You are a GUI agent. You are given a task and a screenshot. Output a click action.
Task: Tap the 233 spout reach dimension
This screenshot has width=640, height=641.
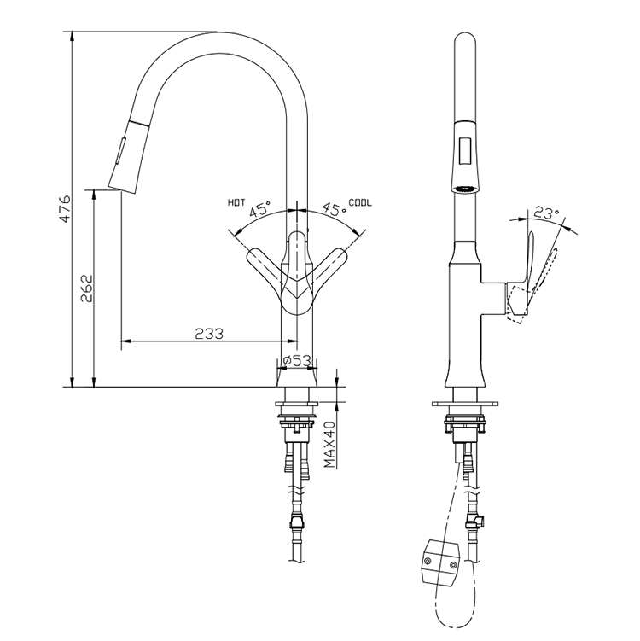pyautogui.click(x=210, y=334)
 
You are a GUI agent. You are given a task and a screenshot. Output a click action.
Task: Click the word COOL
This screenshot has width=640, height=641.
pyautogui.click(x=360, y=202)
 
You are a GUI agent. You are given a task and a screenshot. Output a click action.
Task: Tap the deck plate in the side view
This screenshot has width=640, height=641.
pyautogui.click(x=466, y=400)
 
